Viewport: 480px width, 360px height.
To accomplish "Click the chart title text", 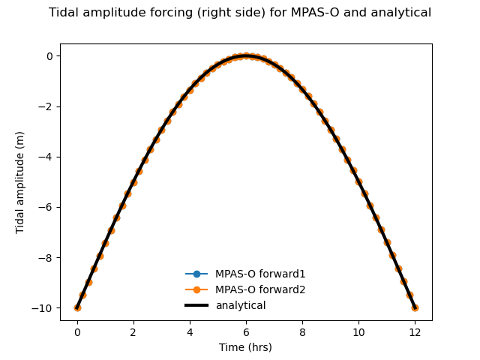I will (x=240, y=13).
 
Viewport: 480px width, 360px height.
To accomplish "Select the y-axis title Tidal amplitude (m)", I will (x=20, y=182).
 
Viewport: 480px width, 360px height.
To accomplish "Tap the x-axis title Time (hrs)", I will (x=245, y=347).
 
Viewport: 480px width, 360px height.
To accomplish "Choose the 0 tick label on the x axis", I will (x=77, y=332).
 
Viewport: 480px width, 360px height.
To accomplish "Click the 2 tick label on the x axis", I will (x=133, y=332).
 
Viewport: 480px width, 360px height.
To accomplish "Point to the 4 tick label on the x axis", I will (x=190, y=332).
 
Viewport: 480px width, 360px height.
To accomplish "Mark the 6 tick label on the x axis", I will (x=246, y=332).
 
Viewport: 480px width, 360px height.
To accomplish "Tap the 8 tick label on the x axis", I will (x=302, y=332).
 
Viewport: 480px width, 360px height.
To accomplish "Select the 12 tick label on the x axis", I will (x=415, y=332).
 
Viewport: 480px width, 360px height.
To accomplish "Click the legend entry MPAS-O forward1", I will (x=260, y=274).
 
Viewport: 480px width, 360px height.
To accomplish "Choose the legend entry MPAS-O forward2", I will (x=260, y=289).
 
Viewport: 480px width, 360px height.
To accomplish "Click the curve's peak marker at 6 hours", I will (x=246, y=56).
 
